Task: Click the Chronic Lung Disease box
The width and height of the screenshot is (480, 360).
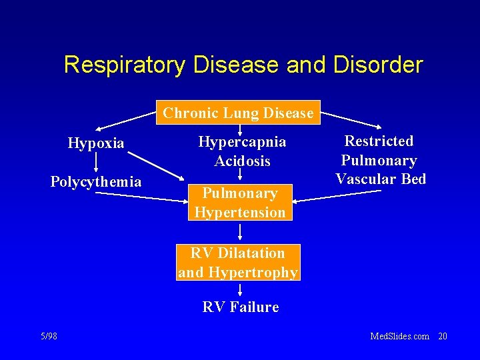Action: coord(238,113)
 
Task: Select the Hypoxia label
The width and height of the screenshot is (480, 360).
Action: coord(96,143)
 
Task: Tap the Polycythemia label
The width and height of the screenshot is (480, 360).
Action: coord(96,181)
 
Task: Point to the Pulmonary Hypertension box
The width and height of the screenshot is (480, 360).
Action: coord(240,203)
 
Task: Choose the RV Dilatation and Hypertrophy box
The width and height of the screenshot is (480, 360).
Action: coord(238,262)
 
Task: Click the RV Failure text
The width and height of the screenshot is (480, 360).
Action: coord(240,307)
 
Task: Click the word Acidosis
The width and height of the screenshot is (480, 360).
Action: coord(242,161)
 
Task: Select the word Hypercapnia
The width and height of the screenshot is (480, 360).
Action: coord(242,142)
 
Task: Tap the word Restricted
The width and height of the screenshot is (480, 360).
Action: coord(379,141)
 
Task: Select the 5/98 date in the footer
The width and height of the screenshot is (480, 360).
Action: coord(48,336)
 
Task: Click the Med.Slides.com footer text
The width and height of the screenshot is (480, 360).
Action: coord(399,336)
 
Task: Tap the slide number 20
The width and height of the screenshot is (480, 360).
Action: coord(442,336)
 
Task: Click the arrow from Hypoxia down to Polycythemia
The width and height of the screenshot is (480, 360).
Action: coord(96,162)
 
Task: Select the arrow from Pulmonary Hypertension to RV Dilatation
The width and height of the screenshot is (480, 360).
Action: coord(240,232)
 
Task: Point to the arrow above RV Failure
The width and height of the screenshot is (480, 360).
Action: coord(240,290)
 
